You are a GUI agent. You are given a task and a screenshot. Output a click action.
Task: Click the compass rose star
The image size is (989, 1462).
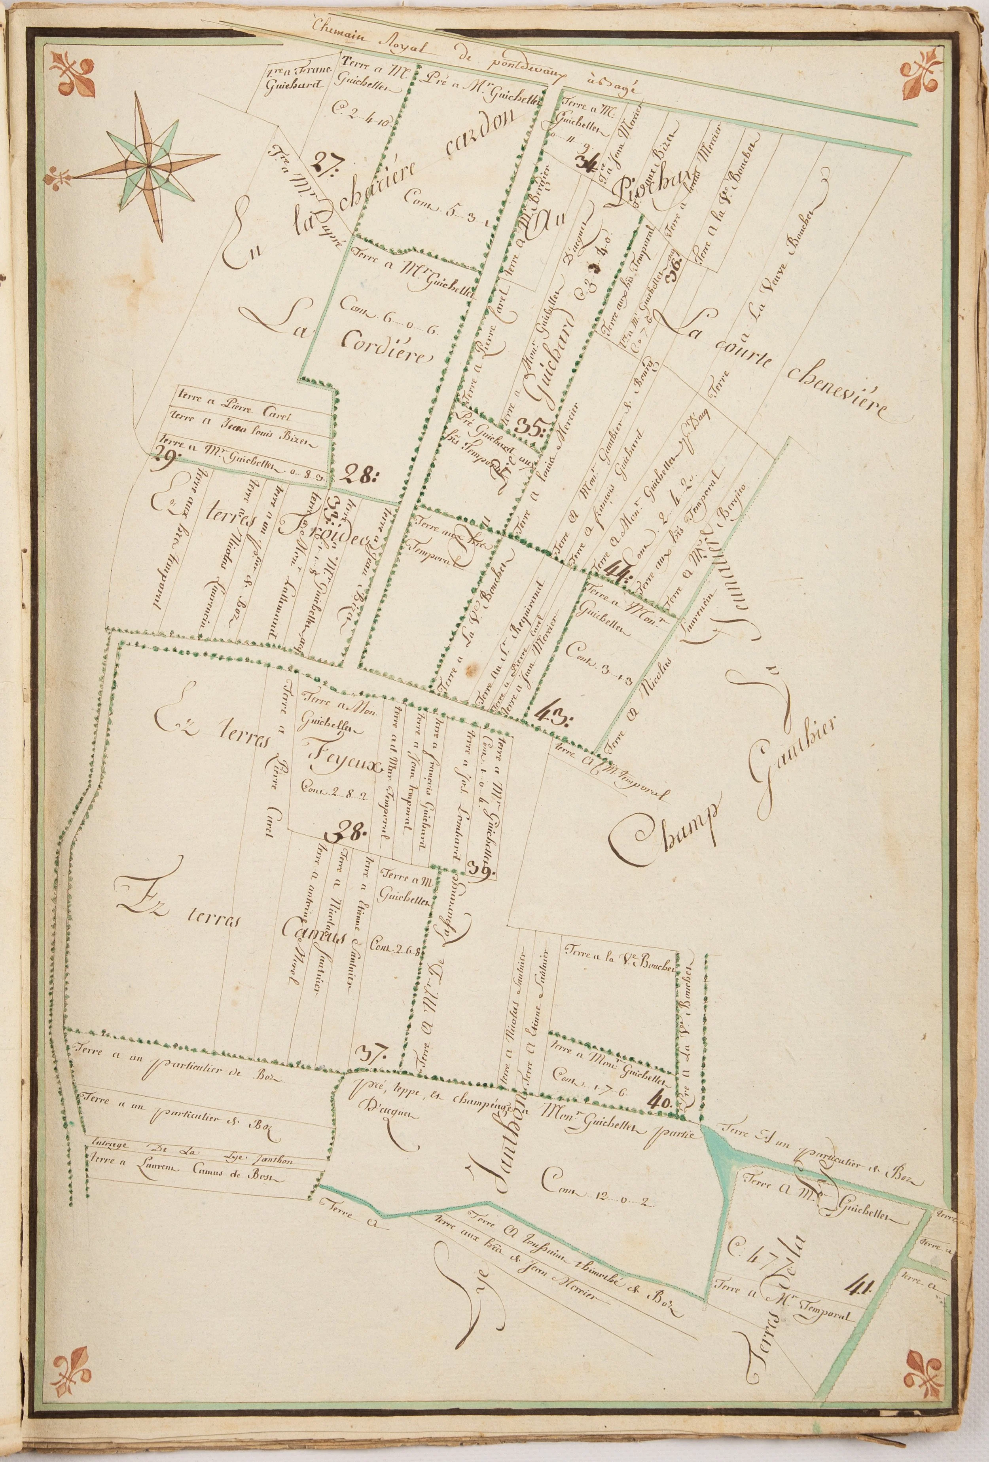149,165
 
